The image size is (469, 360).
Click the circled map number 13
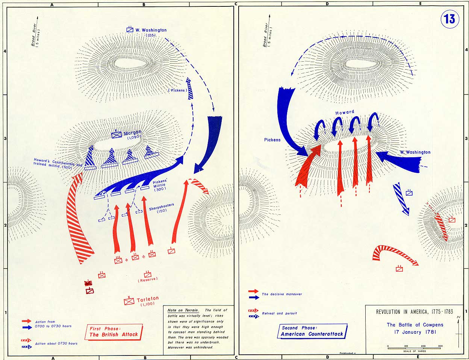(x=449, y=19)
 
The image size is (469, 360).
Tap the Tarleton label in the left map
(x=148, y=299)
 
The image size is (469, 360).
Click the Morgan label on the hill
(x=132, y=133)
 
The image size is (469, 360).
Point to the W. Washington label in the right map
(x=415, y=152)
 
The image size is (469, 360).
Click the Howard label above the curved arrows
(x=345, y=112)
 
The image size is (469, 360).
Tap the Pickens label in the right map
(x=272, y=140)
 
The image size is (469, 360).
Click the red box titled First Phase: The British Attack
(x=113, y=331)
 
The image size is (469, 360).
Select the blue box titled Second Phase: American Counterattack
(x=312, y=331)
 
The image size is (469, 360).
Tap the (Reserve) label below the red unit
(x=147, y=280)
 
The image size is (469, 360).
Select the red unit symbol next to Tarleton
(x=129, y=301)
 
